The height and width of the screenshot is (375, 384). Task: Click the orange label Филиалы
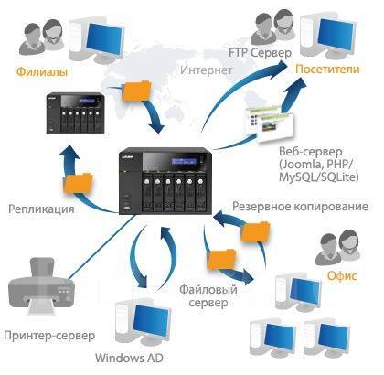click(42, 72)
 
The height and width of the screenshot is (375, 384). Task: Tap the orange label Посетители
click(327, 69)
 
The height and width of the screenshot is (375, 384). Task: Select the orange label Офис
click(342, 276)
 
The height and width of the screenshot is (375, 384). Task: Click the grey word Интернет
click(207, 70)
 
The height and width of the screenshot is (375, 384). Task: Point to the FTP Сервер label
click(261, 53)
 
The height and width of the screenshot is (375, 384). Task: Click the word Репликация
click(41, 209)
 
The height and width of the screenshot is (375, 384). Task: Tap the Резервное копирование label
click(300, 207)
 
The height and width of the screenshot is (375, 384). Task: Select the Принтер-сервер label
click(49, 336)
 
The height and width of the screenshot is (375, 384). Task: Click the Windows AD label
click(129, 358)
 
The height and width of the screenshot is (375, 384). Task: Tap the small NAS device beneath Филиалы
click(75, 113)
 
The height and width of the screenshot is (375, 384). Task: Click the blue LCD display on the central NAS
click(184, 161)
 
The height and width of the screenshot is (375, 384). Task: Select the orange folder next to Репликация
click(78, 183)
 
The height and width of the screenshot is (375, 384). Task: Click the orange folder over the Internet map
click(136, 91)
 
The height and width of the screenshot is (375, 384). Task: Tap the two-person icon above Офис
click(336, 247)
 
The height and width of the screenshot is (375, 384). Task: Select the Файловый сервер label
click(208, 296)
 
